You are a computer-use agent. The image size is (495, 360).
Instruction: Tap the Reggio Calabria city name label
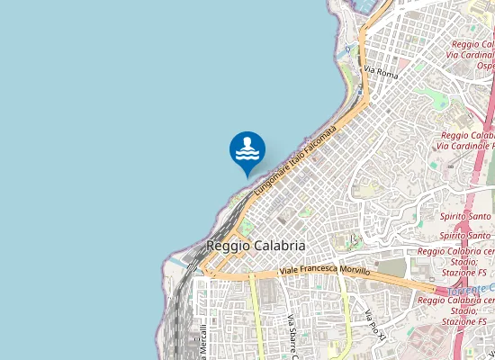tap(256, 245)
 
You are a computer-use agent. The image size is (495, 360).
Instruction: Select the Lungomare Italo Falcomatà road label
tap(294, 162)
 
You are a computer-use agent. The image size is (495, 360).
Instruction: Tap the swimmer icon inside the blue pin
tap(247, 148)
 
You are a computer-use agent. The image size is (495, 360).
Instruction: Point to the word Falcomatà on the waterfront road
tap(319, 140)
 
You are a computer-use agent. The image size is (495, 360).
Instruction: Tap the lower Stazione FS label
tap(464, 321)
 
